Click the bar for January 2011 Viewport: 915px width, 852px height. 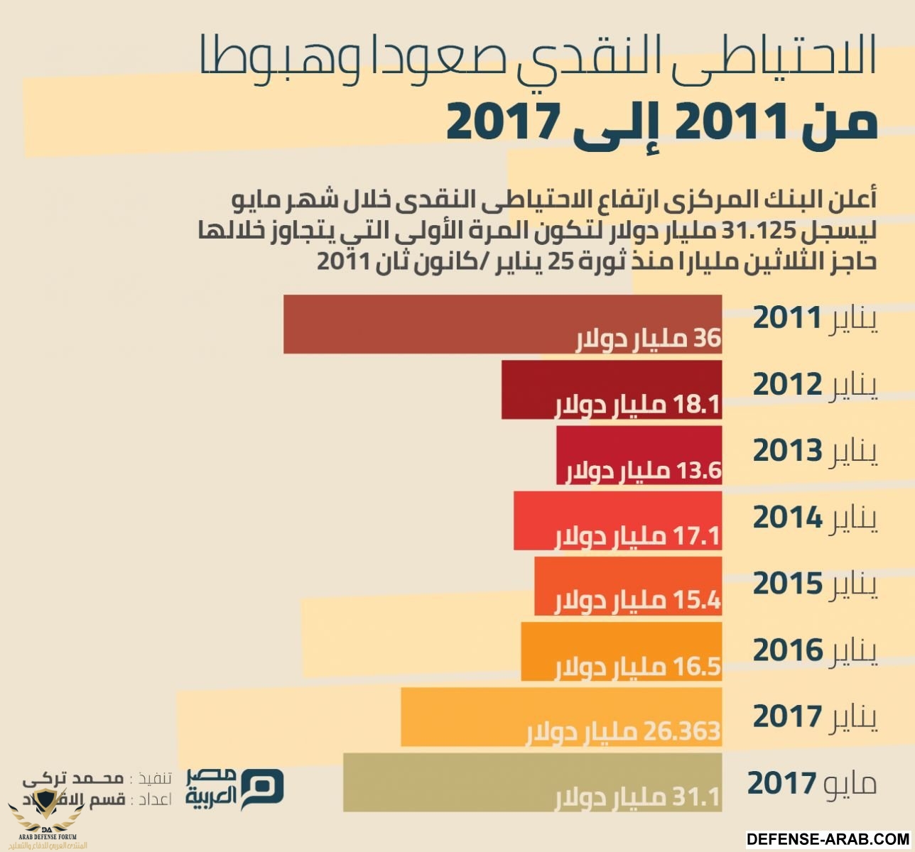click(502, 324)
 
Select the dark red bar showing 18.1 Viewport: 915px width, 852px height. click(611, 389)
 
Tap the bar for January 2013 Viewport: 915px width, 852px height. click(639, 455)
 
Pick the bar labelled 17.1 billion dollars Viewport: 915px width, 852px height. click(617, 520)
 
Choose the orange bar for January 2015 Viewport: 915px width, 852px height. click(628, 586)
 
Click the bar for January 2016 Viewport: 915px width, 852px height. click(621, 652)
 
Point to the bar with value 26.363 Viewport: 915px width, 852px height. click(561, 716)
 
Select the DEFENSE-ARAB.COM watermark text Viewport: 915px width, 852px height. click(828, 839)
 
